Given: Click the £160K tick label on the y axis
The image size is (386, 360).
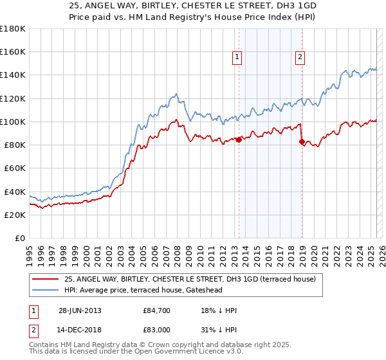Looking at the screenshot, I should [x=13, y=51].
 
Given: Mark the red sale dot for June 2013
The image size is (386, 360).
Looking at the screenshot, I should [x=239, y=139].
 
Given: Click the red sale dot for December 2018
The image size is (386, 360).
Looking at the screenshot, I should [x=302, y=141].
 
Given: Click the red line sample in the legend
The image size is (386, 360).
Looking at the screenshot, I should [x=46, y=280].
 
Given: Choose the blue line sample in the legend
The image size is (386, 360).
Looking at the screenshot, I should [x=46, y=291].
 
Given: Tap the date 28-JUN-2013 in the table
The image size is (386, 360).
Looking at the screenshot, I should [x=79, y=311].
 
